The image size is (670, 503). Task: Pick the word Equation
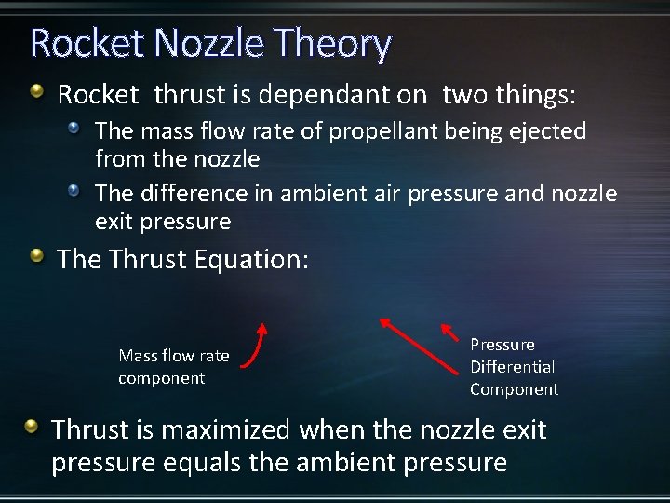(x=249, y=259)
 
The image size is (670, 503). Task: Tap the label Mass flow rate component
(x=173, y=366)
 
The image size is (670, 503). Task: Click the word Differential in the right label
(x=512, y=366)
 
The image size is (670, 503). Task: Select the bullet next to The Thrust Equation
(x=36, y=255)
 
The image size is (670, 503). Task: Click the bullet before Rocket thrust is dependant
(x=36, y=91)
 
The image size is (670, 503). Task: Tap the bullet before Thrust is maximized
(x=33, y=428)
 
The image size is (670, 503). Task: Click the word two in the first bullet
(x=463, y=94)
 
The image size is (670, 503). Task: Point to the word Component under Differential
(x=514, y=389)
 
